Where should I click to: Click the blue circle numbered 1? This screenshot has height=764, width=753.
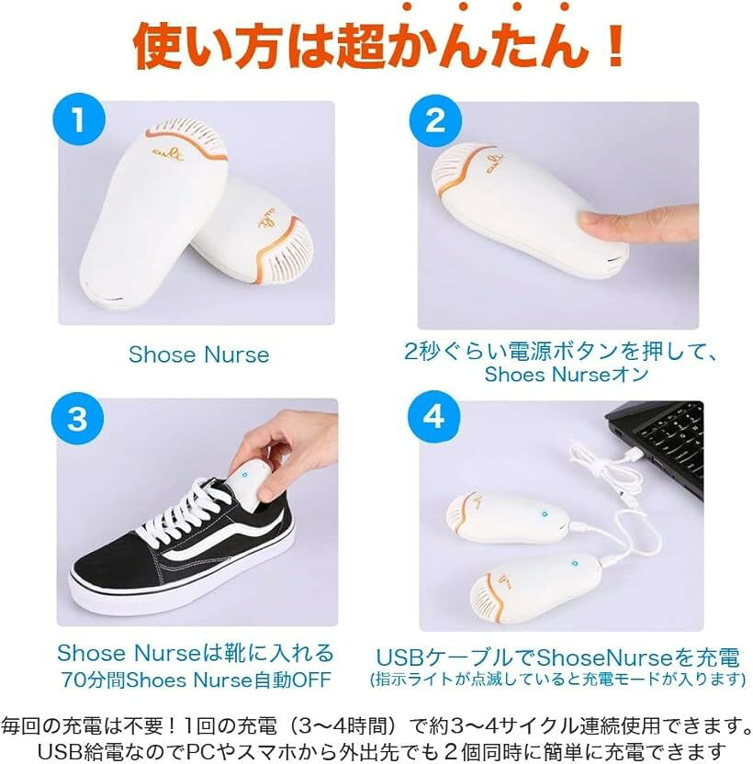79,119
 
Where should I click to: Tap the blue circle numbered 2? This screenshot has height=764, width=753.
435,120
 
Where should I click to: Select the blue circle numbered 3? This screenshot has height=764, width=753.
77,418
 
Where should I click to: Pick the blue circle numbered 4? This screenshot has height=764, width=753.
433,417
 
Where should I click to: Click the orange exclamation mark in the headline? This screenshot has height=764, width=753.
615,45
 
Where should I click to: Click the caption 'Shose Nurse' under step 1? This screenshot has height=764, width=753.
199,354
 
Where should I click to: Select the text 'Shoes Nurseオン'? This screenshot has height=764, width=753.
567,375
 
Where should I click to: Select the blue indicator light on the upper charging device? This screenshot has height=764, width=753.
545,513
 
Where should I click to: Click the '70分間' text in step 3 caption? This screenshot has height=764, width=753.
93,680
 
